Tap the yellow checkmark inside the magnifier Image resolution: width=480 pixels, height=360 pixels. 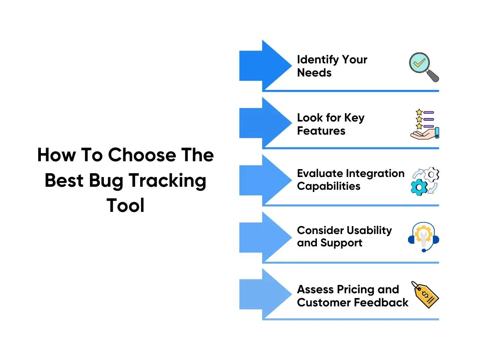pos(419,63)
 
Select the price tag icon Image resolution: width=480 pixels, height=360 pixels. pos(425,295)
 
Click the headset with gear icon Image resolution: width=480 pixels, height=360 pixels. pos(423,237)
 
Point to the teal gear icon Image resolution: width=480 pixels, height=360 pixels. pos(419,187)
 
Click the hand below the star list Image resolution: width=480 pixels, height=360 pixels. pos(424,133)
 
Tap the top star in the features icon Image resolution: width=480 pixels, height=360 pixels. pos(419,112)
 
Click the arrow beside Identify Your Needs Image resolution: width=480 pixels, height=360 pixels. pos(265,65)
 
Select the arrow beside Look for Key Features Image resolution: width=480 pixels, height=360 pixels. pos(265,123)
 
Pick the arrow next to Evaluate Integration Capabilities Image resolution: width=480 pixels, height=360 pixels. pos(265,180)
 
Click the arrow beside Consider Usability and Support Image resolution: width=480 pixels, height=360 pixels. pos(265,237)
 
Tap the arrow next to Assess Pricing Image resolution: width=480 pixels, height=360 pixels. pos(265,294)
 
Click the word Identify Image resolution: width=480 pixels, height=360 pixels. pos(318,60)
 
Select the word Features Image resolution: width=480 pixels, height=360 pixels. pos(321,131)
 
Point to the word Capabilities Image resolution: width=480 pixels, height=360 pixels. pos(328,187)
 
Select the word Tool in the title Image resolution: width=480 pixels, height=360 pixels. pos(125,205)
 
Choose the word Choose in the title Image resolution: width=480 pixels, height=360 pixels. pos(142,155)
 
